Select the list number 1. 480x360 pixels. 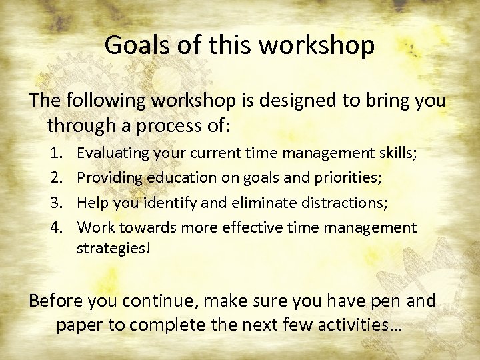coord(57,154)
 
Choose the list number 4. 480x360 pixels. coord(57,228)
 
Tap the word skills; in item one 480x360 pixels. coord(398,154)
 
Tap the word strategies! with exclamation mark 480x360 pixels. coord(109,249)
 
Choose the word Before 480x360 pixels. coord(55,301)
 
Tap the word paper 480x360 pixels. coord(77,326)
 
